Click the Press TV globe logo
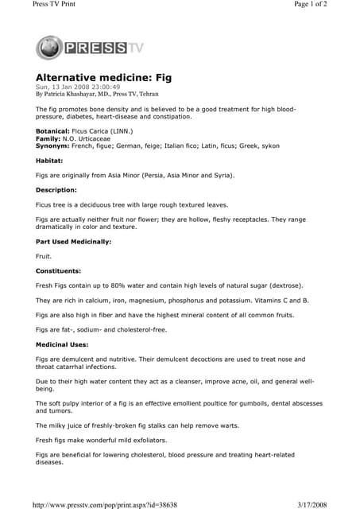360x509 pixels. (x=50, y=47)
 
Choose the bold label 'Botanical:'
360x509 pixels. (x=52, y=130)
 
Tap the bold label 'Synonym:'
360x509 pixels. (x=52, y=144)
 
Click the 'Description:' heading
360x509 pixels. (x=56, y=190)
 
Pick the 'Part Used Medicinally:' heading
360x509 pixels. (x=74, y=241)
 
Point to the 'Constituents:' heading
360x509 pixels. (x=60, y=271)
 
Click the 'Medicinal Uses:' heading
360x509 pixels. (x=63, y=344)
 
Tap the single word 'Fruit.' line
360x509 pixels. (x=44, y=256)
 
